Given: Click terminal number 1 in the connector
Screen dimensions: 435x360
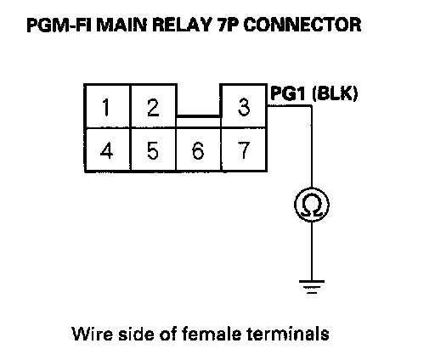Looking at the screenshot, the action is (107, 106).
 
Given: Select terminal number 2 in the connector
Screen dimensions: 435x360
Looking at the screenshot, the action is (153, 106).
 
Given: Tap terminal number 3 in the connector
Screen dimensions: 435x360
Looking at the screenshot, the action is (244, 106).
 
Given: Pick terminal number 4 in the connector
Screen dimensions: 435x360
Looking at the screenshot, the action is (107, 149).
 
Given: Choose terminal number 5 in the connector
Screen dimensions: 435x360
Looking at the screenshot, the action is (153, 149).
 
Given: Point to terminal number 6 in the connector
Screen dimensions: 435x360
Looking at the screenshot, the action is (198, 149).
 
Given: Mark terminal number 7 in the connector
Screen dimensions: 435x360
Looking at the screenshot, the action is (244, 149).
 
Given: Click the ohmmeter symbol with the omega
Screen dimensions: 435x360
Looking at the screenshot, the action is (312, 205).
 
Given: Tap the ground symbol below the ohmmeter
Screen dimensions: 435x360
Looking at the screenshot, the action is (312, 287).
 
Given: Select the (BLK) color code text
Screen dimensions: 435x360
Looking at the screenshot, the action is (335, 93).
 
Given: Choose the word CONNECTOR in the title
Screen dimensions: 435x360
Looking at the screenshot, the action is (302, 25).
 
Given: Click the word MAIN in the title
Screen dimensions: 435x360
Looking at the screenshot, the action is (122, 25).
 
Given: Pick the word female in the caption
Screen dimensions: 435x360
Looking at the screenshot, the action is (212, 333).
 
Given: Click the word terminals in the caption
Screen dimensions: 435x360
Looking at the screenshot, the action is (288, 333).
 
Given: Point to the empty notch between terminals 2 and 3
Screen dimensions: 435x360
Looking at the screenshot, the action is (198, 100).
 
